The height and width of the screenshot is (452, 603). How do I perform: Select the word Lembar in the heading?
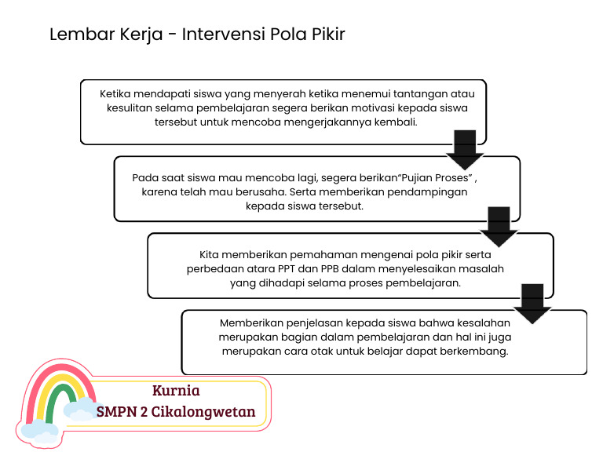pos(75,35)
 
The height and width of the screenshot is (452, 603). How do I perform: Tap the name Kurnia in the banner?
pos(176,391)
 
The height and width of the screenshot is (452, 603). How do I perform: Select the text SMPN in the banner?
pos(115,411)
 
